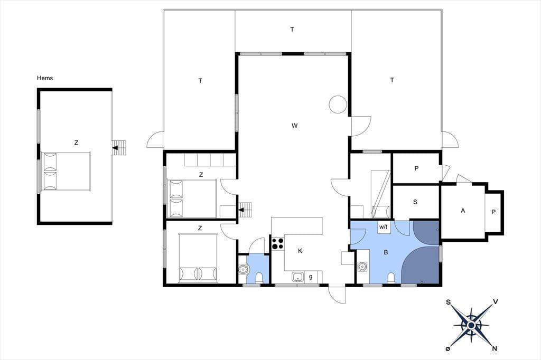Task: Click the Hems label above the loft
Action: click(x=45, y=78)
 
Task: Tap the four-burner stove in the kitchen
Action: click(x=278, y=243)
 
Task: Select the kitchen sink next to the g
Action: click(x=298, y=277)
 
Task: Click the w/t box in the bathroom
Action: click(x=384, y=227)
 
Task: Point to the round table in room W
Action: click(x=338, y=104)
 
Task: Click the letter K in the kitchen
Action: click(x=300, y=251)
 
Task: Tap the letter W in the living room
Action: click(x=294, y=126)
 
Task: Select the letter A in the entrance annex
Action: click(x=463, y=210)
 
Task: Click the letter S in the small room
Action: click(x=415, y=202)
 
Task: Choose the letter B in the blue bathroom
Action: click(x=386, y=252)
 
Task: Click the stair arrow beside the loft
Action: click(x=116, y=148)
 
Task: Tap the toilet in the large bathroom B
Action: click(x=391, y=278)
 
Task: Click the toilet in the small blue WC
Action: click(x=259, y=278)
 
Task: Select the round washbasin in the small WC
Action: click(x=243, y=269)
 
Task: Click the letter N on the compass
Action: click(x=495, y=348)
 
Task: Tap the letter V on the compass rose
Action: click(x=496, y=302)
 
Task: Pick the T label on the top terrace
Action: click(x=292, y=30)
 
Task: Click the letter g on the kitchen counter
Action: click(x=311, y=277)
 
